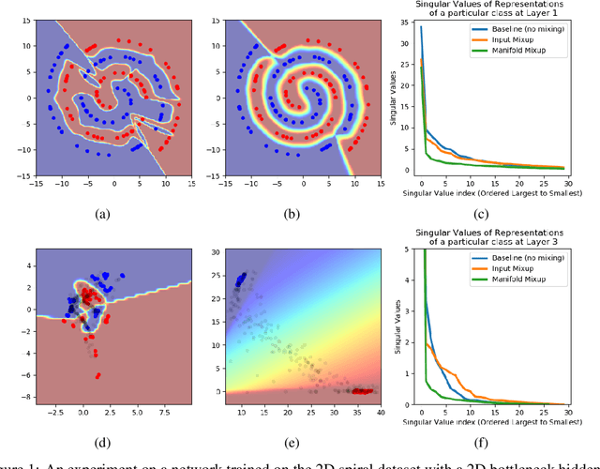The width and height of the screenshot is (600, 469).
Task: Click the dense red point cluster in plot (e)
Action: (x=361, y=390)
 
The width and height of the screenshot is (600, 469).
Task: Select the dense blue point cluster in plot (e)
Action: (x=243, y=279)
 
